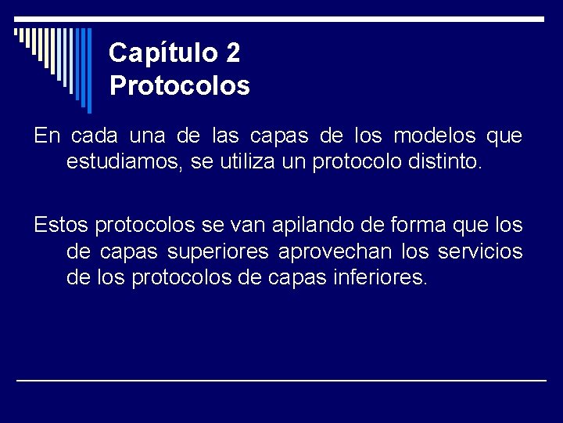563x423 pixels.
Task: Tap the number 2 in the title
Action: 232,52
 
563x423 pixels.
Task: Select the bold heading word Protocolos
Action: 180,85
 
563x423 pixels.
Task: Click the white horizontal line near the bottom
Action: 281,380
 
